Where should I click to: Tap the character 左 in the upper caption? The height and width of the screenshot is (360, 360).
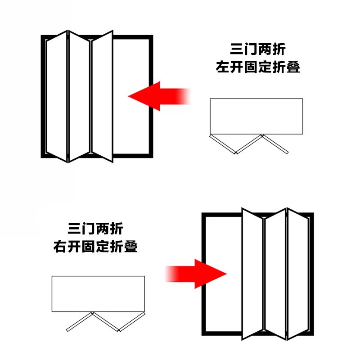222,67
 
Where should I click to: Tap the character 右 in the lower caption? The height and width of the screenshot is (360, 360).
60,247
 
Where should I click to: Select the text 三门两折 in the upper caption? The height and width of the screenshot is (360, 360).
258,49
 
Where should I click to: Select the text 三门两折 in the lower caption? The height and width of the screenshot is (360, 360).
95,229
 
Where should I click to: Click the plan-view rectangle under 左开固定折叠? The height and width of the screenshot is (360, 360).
256,116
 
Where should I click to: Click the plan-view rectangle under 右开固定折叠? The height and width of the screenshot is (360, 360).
98,294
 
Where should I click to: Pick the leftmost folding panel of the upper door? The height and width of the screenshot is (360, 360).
57,96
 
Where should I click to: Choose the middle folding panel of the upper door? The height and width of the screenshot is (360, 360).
79,96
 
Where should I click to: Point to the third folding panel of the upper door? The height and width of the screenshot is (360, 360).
102,96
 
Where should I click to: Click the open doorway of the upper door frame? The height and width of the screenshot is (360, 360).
131,96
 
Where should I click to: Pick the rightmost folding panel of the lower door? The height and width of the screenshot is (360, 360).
298,274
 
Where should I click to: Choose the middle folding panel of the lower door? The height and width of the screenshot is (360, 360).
275,274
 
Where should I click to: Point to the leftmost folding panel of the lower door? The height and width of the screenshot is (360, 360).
252,274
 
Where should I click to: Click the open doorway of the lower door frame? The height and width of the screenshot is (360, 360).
223,274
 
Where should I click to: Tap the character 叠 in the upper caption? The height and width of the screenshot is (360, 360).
293,67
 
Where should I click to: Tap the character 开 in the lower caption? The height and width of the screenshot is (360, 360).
74,247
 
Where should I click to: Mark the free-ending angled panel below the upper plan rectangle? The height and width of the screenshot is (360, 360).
275,144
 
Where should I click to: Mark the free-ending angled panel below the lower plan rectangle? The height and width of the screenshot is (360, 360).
80,321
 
